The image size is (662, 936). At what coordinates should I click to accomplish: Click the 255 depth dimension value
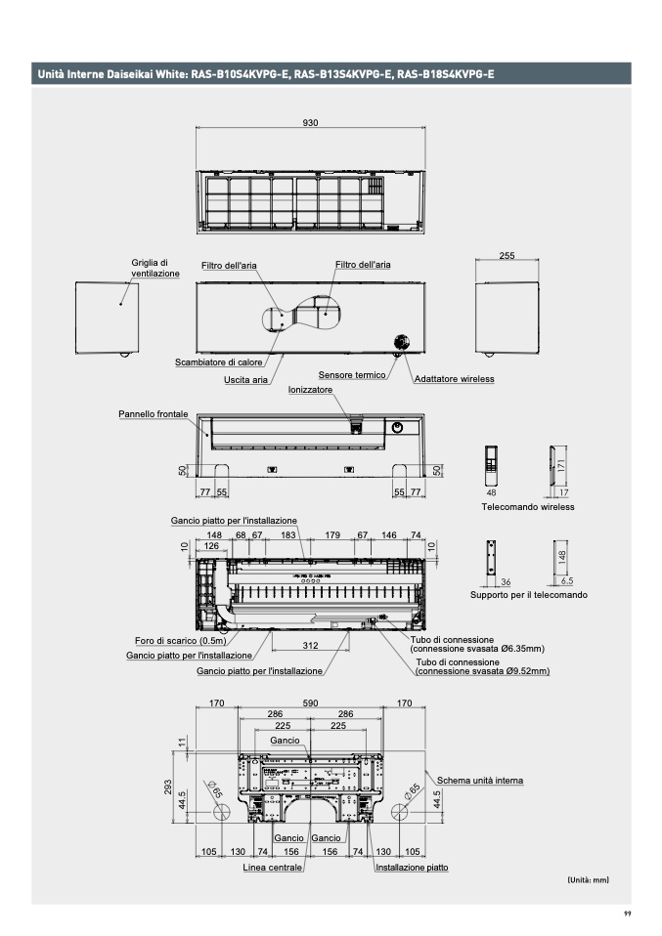(507, 255)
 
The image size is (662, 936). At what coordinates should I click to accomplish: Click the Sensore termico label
(351, 375)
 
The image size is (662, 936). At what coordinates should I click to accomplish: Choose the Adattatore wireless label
(455, 378)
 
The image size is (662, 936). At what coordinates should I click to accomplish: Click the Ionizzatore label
(310, 389)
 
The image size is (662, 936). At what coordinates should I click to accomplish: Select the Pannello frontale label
(154, 414)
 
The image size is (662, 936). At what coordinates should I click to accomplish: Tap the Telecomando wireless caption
(527, 507)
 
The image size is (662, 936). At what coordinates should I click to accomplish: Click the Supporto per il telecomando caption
(528, 594)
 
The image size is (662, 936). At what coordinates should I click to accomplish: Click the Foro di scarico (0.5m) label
(180, 641)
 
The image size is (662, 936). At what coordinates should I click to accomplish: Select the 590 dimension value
(310, 702)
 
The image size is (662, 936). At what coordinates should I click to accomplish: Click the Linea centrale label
(272, 867)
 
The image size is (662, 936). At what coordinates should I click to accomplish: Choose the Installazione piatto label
(412, 867)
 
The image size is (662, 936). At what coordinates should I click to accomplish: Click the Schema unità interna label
(479, 781)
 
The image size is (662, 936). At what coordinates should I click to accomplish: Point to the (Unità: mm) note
(588, 880)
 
